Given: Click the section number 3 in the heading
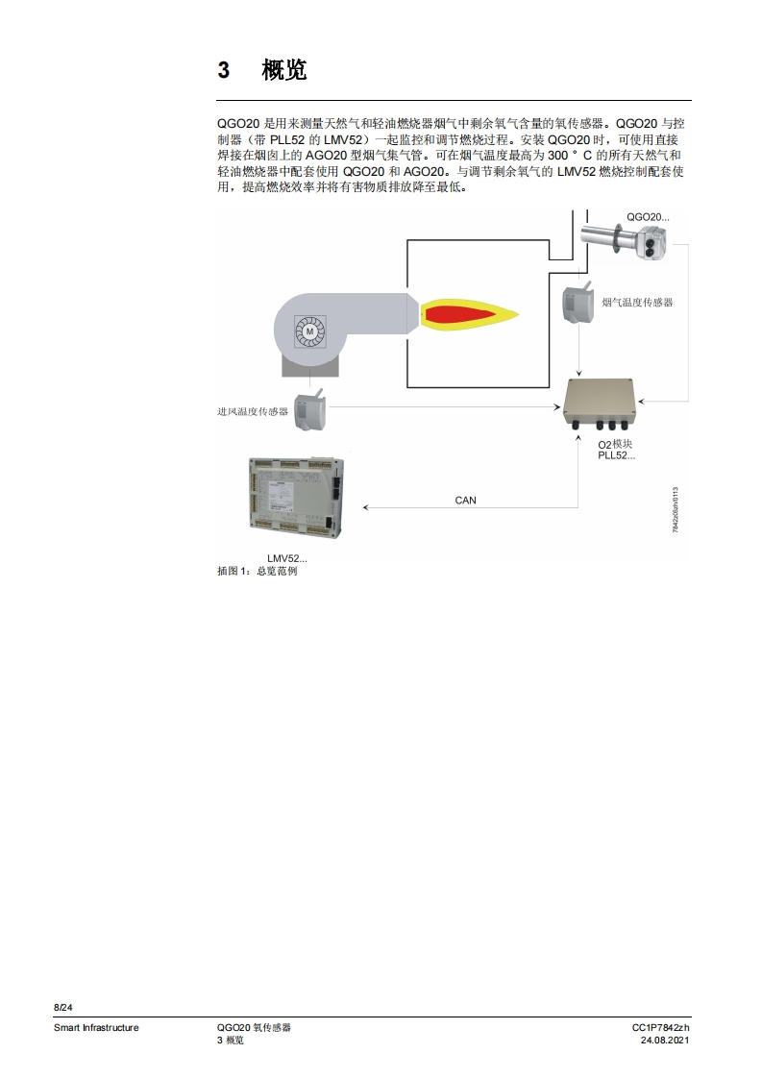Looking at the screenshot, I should coord(224,70).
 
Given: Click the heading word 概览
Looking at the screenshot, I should coord(283,70).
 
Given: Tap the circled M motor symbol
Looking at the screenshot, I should coord(309,331).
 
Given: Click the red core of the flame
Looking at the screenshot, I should coord(461,313).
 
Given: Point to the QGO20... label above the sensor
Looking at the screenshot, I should coord(648,217).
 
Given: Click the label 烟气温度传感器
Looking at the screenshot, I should coord(637,302).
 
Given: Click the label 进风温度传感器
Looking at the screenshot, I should coord(253,411).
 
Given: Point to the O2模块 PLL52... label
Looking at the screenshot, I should coord(616,450).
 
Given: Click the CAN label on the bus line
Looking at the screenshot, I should coord(465,500).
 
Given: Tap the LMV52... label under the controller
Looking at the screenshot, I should coord(287,558).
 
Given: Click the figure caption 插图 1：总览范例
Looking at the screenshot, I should coord(258,571).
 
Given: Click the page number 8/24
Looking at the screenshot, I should coord(62,1007).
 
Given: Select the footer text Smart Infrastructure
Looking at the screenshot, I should coord(96,1028).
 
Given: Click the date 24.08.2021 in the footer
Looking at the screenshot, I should coord(665,1041).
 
